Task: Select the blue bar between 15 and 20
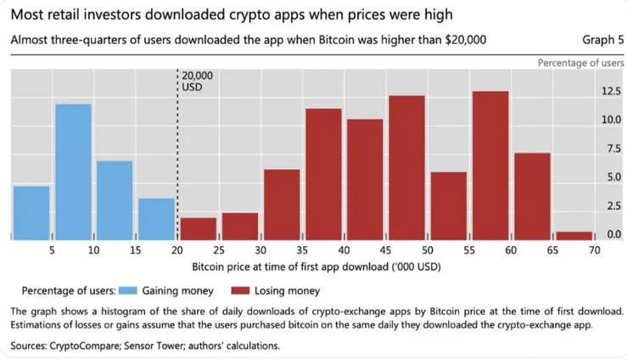(156, 218)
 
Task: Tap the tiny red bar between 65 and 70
(574, 234)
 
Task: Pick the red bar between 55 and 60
(491, 165)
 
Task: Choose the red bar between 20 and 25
(199, 228)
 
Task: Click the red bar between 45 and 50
(407, 166)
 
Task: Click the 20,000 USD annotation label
(197, 81)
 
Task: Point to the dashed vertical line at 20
(177, 153)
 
